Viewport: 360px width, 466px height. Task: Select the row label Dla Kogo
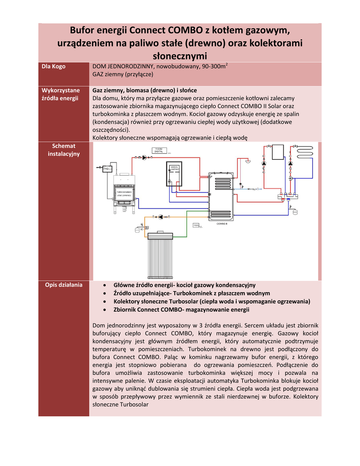[x=53, y=66]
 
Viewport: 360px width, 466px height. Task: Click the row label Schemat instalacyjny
[x=64, y=150]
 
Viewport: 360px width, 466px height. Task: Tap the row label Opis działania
[x=64, y=285]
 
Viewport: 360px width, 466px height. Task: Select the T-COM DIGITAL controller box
[x=159, y=151]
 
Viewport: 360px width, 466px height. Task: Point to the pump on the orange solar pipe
[x=160, y=217]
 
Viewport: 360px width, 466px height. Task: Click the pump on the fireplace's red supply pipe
[x=144, y=157]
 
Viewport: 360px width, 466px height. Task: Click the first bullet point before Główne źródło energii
[x=105, y=285]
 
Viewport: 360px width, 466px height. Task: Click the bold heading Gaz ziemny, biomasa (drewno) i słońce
[x=144, y=90]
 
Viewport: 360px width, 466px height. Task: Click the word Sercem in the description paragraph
[x=255, y=325]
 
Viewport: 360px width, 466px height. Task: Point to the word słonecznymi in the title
[x=179, y=56]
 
